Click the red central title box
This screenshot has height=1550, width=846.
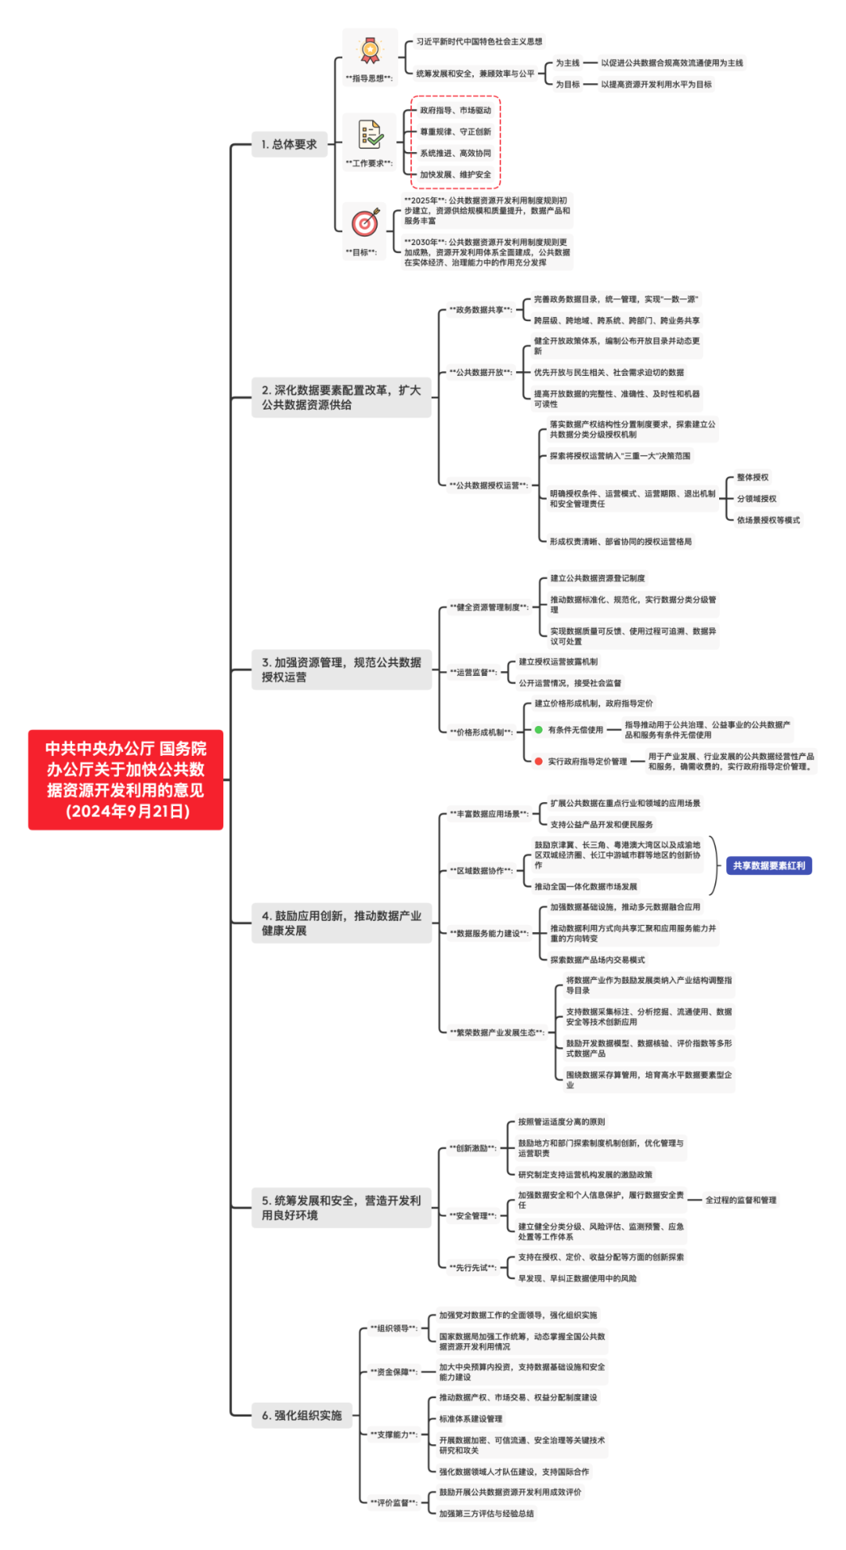125,779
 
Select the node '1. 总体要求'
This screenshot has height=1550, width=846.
289,144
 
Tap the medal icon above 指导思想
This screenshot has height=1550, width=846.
370,51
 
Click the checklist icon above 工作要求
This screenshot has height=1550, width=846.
370,135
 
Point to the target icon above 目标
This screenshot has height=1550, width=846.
365,223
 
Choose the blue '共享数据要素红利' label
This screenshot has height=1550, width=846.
768,865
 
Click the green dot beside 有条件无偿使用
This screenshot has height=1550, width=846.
539,730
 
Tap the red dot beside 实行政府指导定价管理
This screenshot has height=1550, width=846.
539,761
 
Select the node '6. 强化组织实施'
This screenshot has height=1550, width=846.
302,1415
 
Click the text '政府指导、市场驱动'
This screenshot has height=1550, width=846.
455,110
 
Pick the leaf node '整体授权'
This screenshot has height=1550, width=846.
752,477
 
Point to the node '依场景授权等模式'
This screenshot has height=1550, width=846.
768,520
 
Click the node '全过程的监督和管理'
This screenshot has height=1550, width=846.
740,1200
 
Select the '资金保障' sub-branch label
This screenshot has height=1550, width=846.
393,1371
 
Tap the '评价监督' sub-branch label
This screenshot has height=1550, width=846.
393,1502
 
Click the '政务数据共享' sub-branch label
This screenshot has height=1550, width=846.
479,309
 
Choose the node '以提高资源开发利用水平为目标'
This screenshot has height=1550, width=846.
656,85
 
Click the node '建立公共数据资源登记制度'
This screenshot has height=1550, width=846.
597,578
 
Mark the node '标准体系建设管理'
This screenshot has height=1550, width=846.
471,1418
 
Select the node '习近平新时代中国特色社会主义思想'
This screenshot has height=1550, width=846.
479,42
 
